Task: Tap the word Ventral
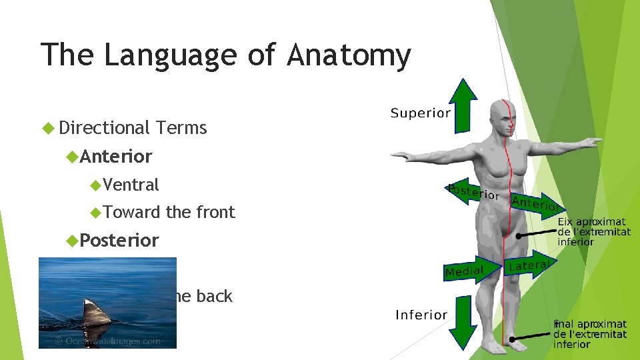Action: point(131,185)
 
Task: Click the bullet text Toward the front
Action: point(169,212)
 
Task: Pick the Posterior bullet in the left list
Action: point(119,240)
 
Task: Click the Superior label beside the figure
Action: point(420,113)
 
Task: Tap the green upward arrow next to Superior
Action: point(463,105)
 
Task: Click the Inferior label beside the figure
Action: point(421,315)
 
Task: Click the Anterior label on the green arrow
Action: point(535,203)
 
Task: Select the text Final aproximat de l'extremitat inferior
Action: point(590,334)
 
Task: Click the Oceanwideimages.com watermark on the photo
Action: point(108,341)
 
